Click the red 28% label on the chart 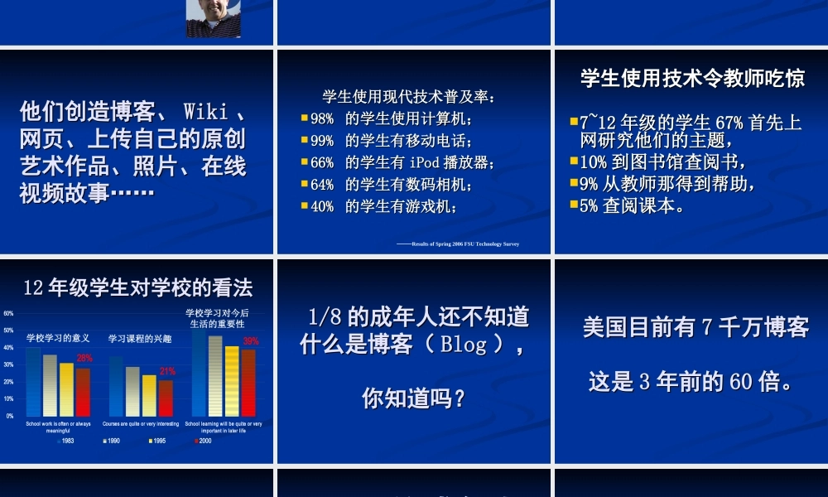[x=84, y=358]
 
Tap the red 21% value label [x=167, y=371]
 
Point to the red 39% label [x=251, y=340]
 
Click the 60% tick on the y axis [x=8, y=313]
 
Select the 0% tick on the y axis [x=9, y=416]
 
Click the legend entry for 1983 [x=65, y=441]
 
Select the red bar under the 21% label [x=166, y=398]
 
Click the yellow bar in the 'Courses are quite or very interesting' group [x=148, y=395]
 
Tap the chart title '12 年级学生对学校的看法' [x=138, y=287]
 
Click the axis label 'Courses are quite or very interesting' [x=140, y=423]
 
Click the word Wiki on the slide [x=206, y=111]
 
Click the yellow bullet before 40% [x=304, y=205]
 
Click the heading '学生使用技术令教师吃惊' [x=692, y=79]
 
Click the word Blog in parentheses [x=464, y=345]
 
